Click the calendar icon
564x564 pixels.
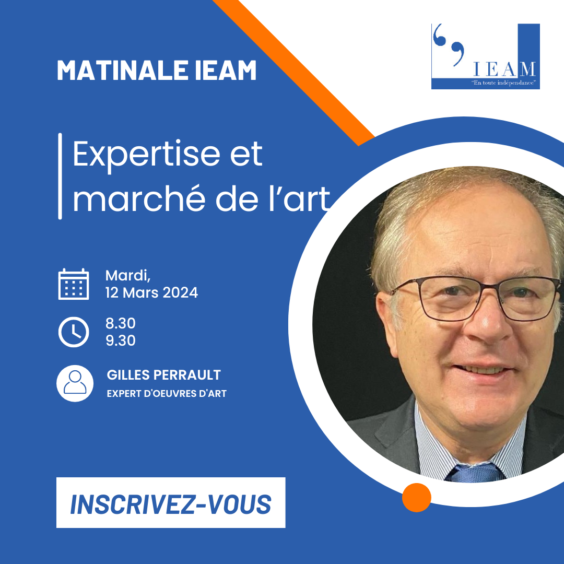(74, 284)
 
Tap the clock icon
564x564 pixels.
(74, 332)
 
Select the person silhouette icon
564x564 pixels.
(75, 383)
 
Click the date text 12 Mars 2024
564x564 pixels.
(151, 292)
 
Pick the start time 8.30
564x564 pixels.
(120, 324)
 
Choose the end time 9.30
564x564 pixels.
(120, 340)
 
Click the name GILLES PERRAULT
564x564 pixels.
(163, 375)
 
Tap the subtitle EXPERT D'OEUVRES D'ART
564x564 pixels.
(167, 393)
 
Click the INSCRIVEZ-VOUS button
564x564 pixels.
(171, 503)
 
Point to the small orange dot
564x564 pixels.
(416, 497)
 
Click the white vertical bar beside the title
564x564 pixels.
(60, 176)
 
